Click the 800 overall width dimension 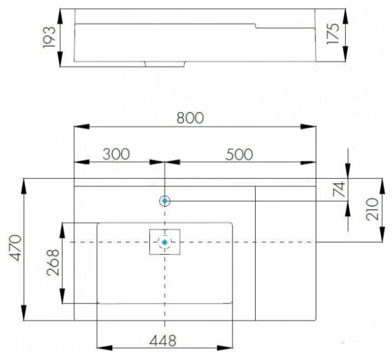click(x=190, y=118)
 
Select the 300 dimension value click(x=116, y=154)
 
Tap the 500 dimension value click(x=239, y=154)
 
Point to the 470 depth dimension click(x=15, y=247)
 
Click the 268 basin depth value click(x=53, y=262)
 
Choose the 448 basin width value click(x=163, y=340)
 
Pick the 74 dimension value click(x=339, y=190)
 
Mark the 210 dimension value click(x=372, y=209)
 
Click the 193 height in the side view click(x=49, y=37)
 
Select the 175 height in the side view click(x=333, y=34)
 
